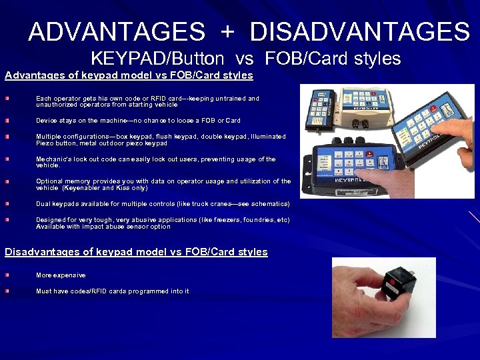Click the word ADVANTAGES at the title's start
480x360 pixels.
[117, 31]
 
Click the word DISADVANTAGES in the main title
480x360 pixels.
[360, 31]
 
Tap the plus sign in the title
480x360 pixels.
[227, 32]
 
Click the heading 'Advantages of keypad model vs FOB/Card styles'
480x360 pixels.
[129, 75]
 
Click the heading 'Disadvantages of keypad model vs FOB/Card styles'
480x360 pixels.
[136, 252]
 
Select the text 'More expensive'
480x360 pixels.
[61, 275]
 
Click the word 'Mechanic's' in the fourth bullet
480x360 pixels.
[53, 159]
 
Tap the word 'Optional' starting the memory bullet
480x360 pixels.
[49, 181]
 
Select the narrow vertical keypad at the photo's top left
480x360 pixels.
[315, 108]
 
